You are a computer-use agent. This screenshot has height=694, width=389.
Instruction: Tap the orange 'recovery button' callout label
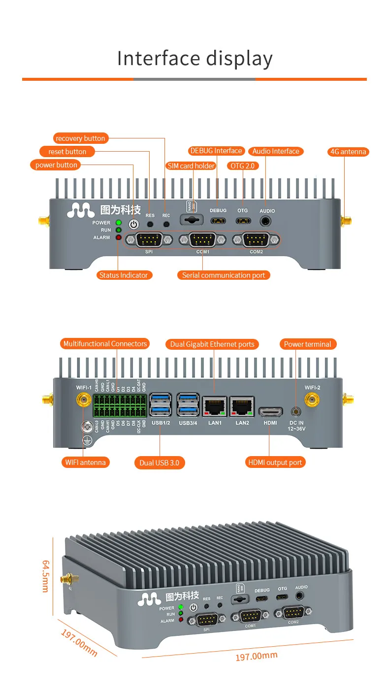pos(80,138)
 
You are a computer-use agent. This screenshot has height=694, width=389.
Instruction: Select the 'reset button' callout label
pos(67,152)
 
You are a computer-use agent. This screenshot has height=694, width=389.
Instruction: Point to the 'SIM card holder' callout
pos(191,166)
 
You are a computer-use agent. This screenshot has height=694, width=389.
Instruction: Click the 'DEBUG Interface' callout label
pos(216,151)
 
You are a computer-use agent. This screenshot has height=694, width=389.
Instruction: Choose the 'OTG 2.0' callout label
pos(242,166)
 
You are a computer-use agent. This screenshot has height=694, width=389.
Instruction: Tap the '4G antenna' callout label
pos(348,152)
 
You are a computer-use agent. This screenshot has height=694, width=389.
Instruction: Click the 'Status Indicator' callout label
pos(124,275)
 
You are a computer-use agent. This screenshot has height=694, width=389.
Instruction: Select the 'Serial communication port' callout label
pos(224,275)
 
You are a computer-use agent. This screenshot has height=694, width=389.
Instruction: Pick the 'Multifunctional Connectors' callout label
pos(105,344)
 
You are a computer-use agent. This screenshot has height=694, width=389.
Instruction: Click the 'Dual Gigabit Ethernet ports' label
pos(212,344)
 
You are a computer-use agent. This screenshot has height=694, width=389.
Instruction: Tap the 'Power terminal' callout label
pos(307,344)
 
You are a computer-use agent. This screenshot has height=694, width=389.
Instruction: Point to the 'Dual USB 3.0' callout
pos(160,463)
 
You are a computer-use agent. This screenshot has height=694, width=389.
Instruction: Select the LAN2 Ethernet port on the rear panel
pos(242,407)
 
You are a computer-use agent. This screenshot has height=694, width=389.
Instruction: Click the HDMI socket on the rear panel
pos(270,411)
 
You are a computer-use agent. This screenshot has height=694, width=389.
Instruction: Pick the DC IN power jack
pos(296,411)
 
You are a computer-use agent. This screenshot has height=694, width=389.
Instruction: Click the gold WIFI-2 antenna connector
pos(311,401)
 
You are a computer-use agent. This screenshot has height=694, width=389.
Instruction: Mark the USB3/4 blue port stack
pos(188,406)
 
